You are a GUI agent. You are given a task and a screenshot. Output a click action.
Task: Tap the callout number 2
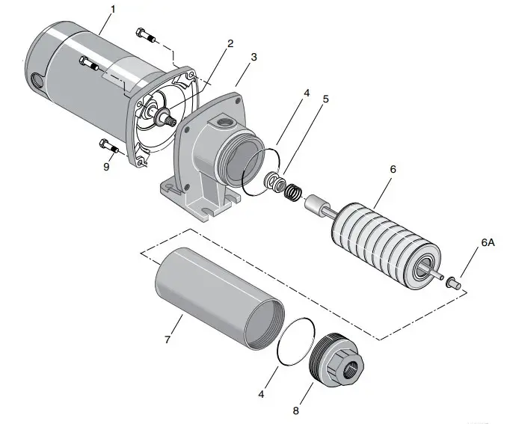230,43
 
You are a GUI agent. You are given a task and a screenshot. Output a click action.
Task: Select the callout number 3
254,57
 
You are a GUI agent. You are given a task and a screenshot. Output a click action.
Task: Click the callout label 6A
487,243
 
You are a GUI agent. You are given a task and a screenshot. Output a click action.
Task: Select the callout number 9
106,167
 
